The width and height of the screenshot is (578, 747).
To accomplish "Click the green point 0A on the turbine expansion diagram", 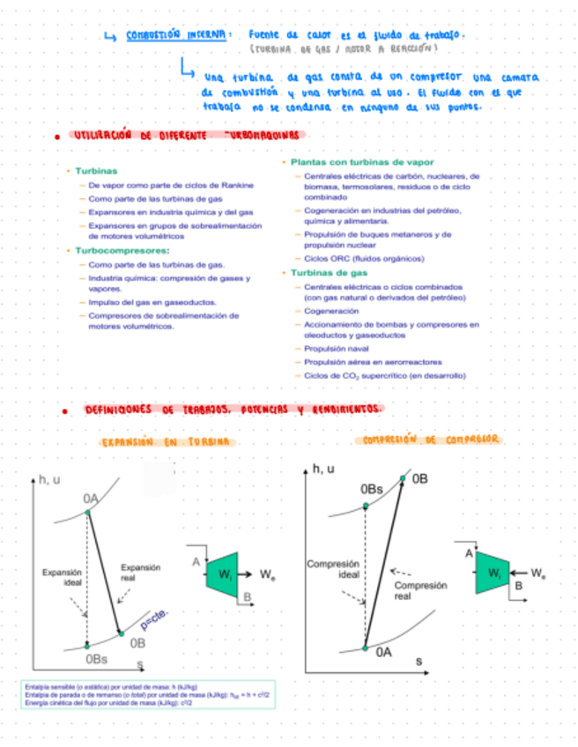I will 87,511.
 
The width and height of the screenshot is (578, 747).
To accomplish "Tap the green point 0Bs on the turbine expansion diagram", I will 87,646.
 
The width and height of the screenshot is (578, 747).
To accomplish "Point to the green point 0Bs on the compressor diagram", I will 365,506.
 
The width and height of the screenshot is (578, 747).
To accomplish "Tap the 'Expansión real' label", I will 139,573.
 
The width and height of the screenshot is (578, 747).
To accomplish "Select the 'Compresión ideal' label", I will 336,569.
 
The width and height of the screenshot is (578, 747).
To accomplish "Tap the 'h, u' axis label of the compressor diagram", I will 323,469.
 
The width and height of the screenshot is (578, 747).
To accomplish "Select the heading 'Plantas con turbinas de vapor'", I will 349,163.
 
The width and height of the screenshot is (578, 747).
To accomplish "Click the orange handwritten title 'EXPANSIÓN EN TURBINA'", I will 165,441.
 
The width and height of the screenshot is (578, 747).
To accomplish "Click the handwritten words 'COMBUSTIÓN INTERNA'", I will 178,35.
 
